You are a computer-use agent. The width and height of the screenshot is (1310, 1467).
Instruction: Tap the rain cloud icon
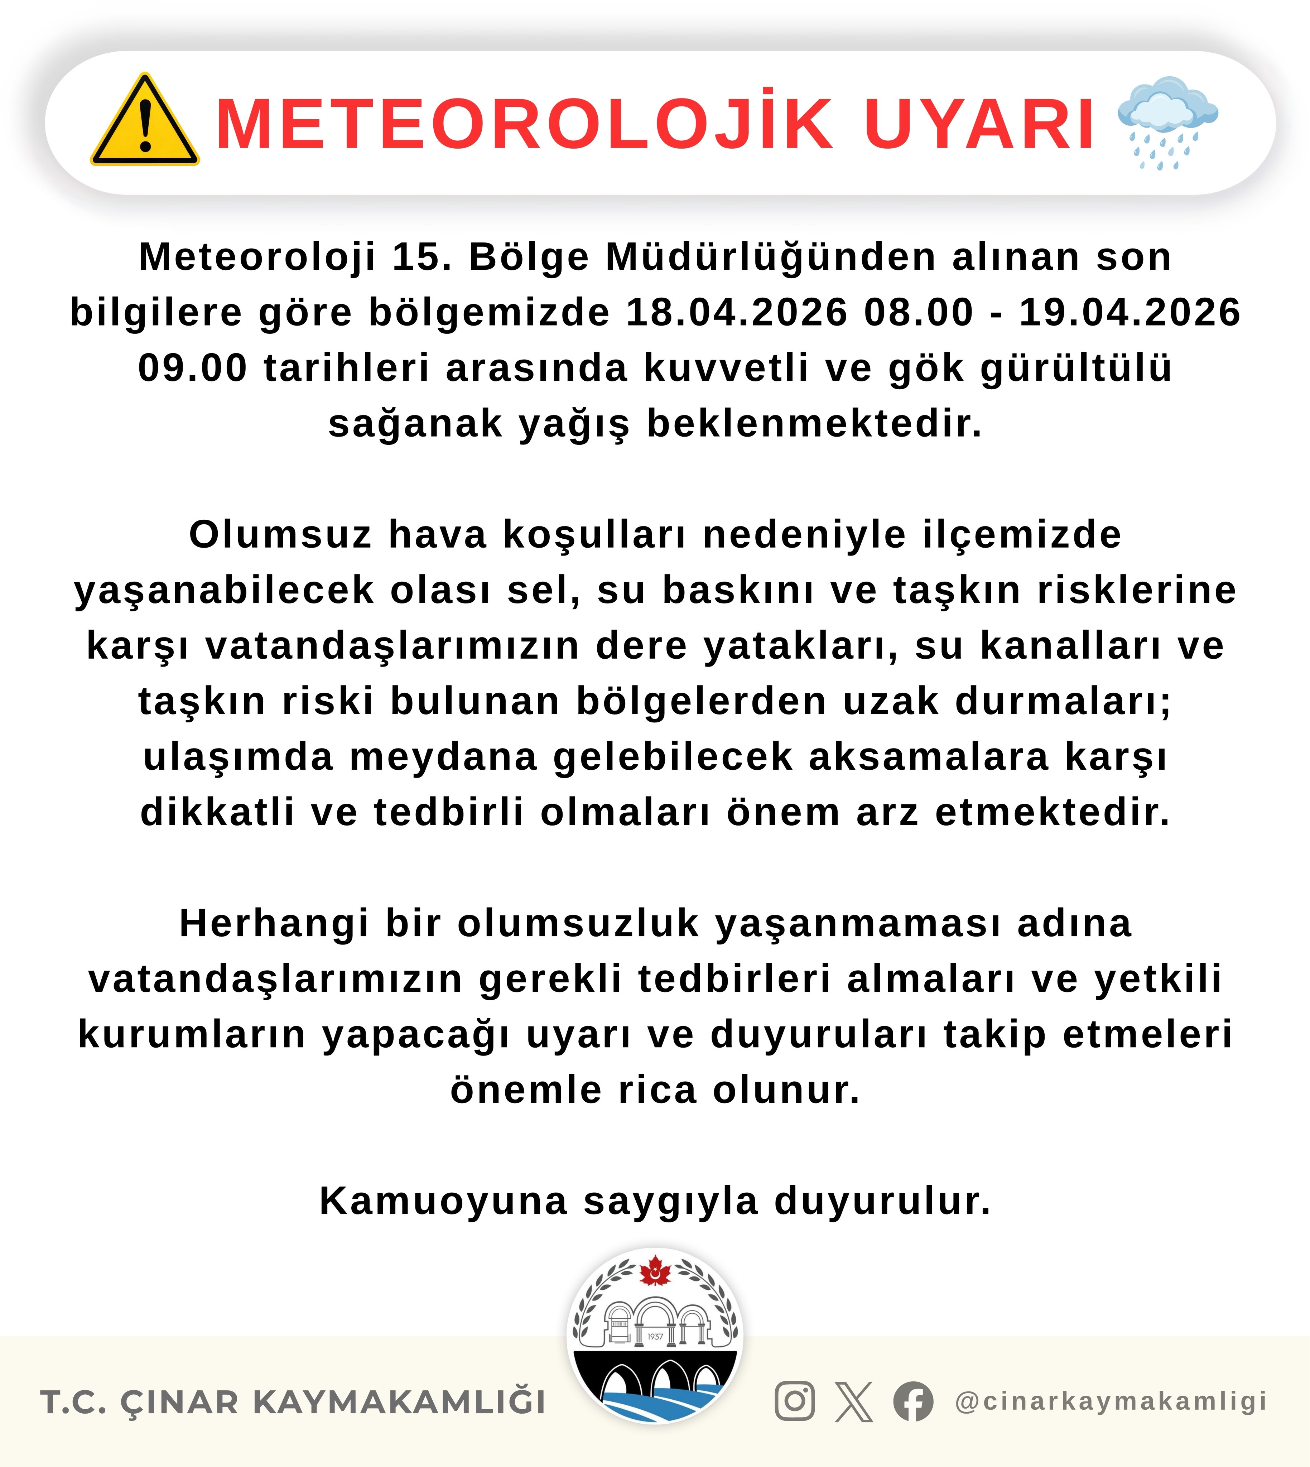[x=1167, y=121]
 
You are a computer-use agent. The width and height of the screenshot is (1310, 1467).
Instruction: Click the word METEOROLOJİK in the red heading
[x=524, y=124]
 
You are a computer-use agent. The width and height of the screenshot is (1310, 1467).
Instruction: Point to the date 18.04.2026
[x=737, y=312]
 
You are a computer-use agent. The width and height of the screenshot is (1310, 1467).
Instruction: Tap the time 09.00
[x=192, y=368]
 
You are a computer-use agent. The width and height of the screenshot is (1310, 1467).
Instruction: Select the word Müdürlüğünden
[x=771, y=257]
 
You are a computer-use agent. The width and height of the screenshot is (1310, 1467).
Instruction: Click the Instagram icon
[x=795, y=1401]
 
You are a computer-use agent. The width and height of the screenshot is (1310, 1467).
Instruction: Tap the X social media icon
[x=854, y=1401]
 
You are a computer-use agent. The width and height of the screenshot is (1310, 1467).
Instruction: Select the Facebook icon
[x=913, y=1401]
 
